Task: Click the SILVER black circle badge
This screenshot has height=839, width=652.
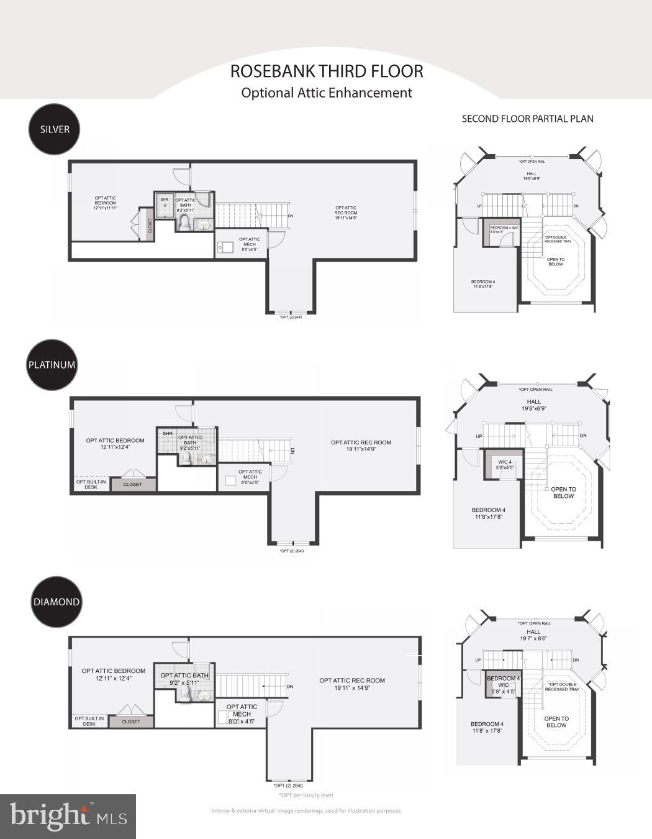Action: pyautogui.click(x=55, y=129)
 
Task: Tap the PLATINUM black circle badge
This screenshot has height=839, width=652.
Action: pyautogui.click(x=52, y=365)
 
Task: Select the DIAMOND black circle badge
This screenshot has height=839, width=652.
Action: pyautogui.click(x=57, y=602)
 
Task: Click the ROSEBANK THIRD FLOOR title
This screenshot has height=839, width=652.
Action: pyautogui.click(x=327, y=71)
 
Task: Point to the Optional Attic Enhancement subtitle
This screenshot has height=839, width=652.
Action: pyautogui.click(x=327, y=93)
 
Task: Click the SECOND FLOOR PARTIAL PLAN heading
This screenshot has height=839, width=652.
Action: pyautogui.click(x=527, y=119)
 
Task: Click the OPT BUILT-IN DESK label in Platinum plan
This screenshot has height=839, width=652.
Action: pyautogui.click(x=91, y=484)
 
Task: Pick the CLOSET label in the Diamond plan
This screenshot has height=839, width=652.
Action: pyautogui.click(x=131, y=722)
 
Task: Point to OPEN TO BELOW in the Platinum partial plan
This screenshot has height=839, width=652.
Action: pyautogui.click(x=563, y=492)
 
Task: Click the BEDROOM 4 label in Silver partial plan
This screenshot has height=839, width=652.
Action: pyautogui.click(x=484, y=284)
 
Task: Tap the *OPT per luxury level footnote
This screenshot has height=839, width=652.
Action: pyautogui.click(x=306, y=795)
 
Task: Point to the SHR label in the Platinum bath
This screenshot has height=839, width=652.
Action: pyautogui.click(x=168, y=433)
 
